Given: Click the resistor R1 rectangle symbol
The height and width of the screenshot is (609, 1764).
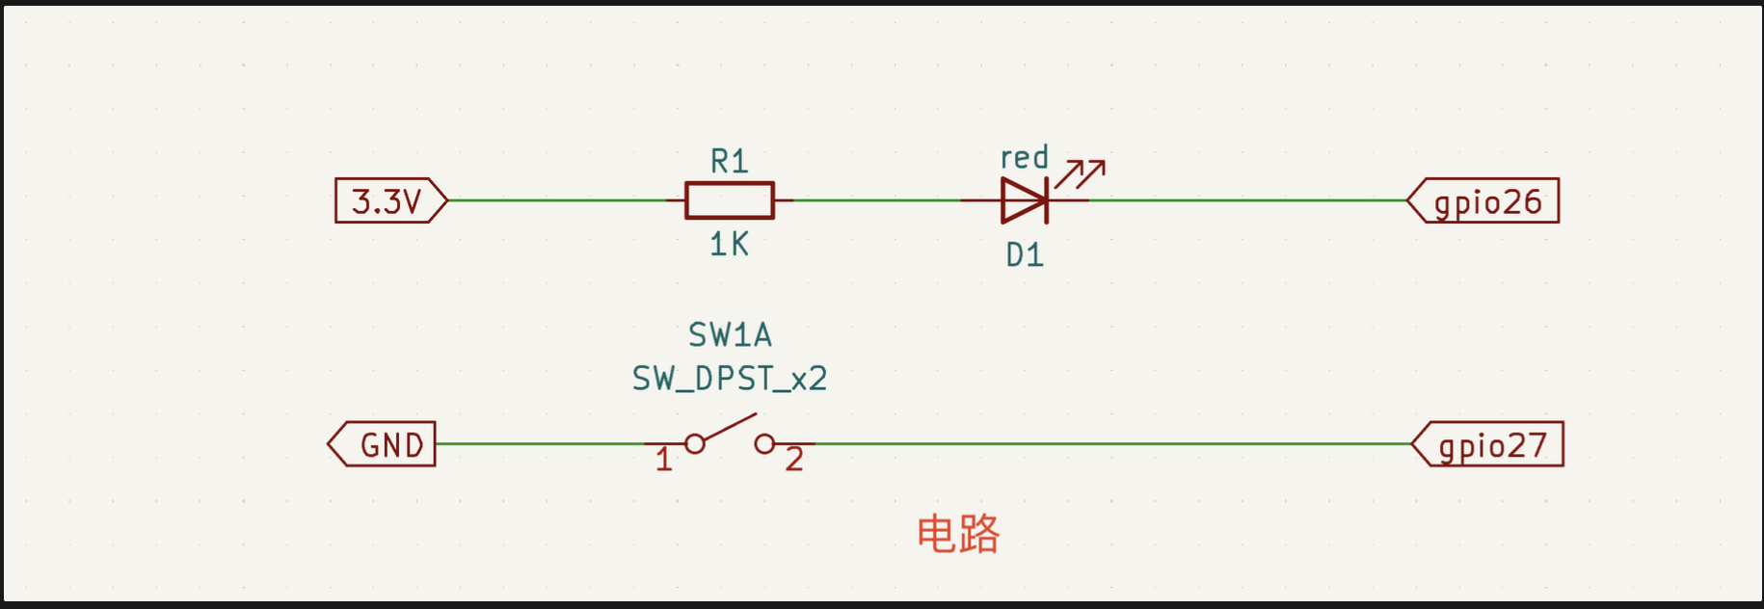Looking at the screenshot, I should (x=729, y=200).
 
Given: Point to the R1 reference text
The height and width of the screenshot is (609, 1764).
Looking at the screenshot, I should (x=729, y=161).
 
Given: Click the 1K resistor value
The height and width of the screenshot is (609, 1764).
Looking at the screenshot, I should (x=729, y=245).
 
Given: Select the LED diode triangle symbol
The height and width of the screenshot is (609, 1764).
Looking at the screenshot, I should (x=1023, y=200).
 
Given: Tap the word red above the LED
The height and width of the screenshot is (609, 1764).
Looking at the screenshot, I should (x=1024, y=157).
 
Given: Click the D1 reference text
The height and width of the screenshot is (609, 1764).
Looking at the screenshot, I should (x=1025, y=255).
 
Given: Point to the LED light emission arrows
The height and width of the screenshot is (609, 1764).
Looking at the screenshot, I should (x=1081, y=173).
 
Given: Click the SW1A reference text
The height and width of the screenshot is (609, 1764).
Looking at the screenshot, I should (x=730, y=335).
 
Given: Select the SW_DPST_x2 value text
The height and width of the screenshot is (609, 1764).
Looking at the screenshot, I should (x=730, y=379).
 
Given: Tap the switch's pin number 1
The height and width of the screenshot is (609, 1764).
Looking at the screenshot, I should (x=663, y=461).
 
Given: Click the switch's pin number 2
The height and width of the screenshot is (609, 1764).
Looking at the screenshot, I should (x=794, y=460).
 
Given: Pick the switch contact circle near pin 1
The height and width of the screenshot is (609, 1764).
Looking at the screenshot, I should (x=695, y=444).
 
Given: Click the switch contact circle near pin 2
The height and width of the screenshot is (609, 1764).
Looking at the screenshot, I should (x=764, y=444).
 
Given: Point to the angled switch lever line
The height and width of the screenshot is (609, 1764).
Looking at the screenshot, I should (x=730, y=428).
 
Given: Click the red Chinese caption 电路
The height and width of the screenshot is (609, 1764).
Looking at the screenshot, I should (x=958, y=534).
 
